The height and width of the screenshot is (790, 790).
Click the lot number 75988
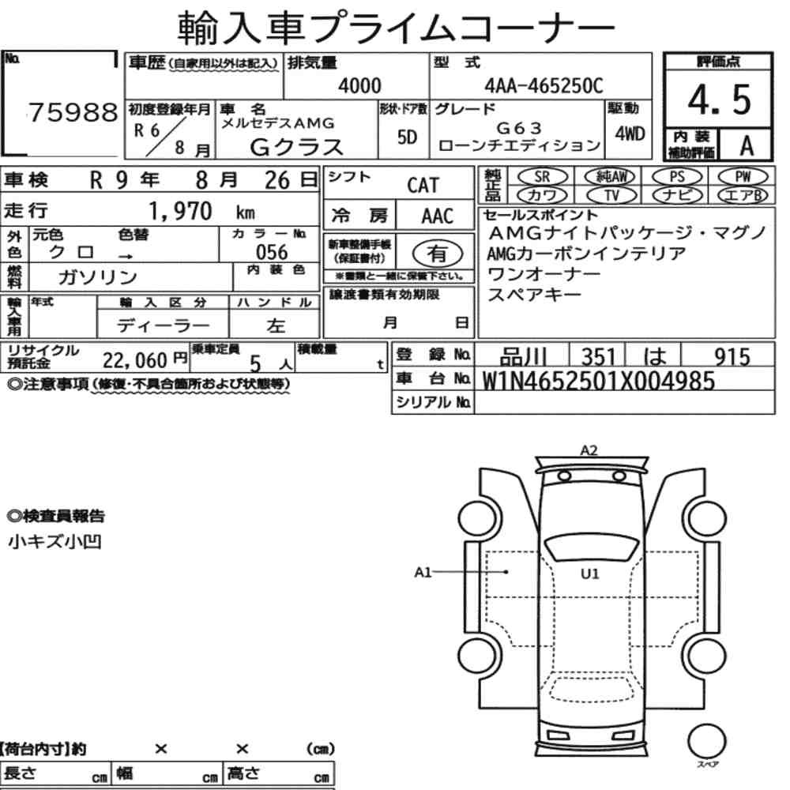[x=73, y=112]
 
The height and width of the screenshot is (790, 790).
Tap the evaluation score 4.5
[x=719, y=100]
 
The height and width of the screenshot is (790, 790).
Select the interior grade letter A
[x=747, y=145]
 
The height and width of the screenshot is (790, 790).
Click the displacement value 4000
[x=359, y=85]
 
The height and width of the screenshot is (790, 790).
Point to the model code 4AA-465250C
[x=544, y=85]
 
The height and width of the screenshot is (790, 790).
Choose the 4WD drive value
[x=630, y=134]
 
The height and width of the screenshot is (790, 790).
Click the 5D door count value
[x=407, y=137]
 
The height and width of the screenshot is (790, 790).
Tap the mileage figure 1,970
[x=180, y=211]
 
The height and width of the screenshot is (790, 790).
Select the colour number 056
[x=272, y=252]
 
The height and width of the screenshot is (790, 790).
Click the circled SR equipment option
[x=543, y=176]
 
